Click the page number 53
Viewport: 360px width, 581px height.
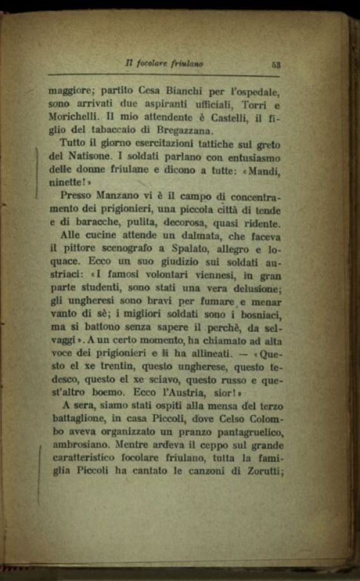(275, 63)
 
